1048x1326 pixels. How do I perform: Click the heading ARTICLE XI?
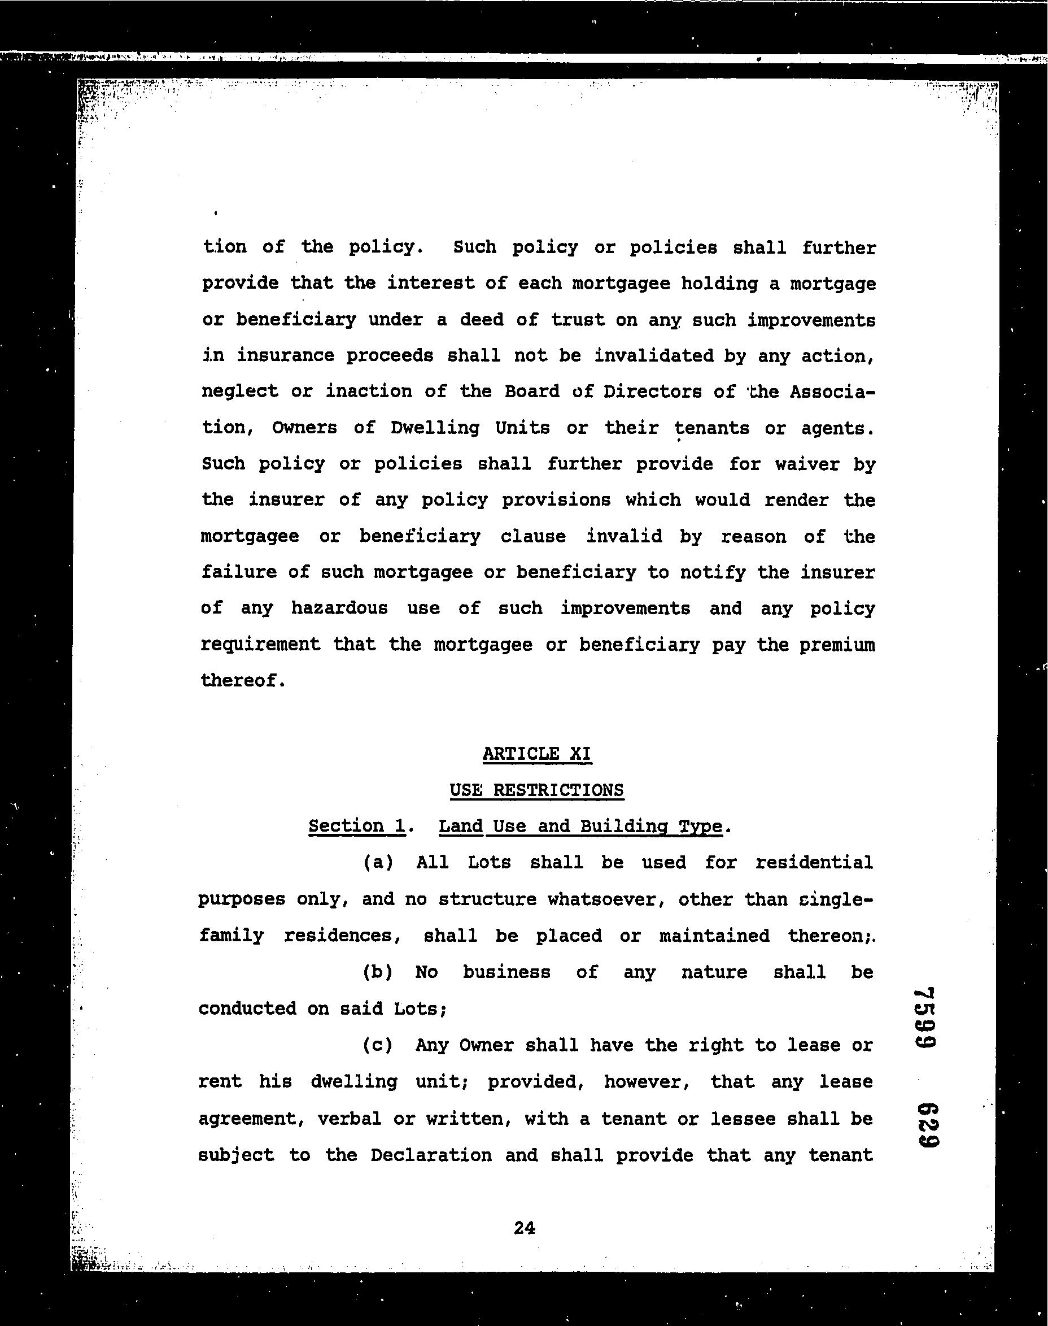click(537, 754)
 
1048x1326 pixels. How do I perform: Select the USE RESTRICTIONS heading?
click(537, 790)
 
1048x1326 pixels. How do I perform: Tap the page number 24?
click(525, 1228)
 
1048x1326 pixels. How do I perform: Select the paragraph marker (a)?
click(378, 863)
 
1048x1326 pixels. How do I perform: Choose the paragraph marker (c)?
click(378, 1045)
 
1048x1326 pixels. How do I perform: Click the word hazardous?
click(339, 608)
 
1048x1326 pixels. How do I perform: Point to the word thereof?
click(243, 681)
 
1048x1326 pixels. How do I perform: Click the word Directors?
click(652, 392)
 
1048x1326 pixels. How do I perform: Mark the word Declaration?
click(431, 1155)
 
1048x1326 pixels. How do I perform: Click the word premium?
click(837, 645)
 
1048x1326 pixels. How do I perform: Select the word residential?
click(814, 863)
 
